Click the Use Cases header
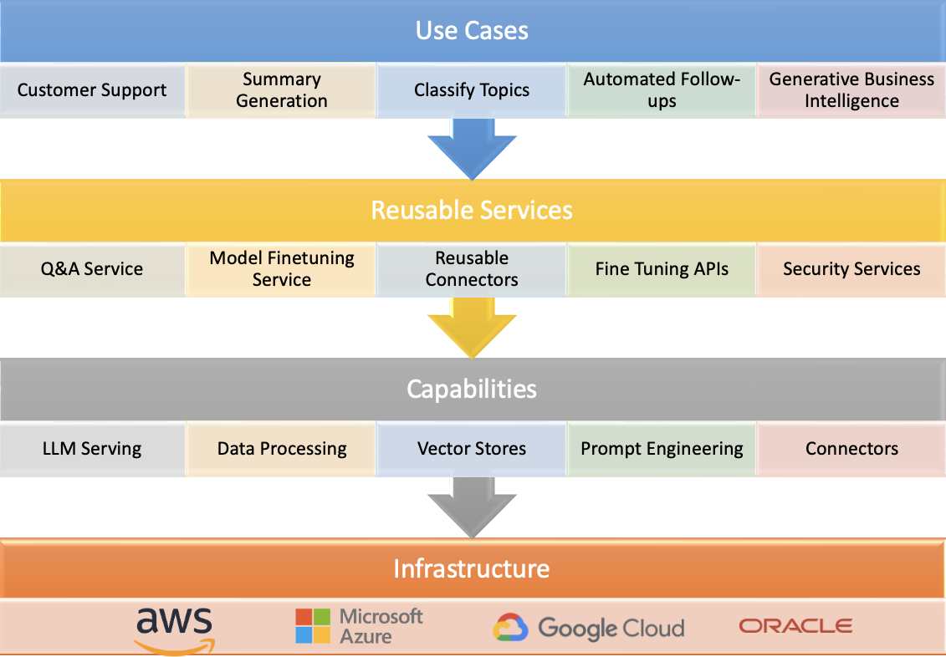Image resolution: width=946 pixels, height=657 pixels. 473,32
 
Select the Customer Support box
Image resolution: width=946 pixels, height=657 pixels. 92,90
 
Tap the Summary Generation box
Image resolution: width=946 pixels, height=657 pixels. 282,90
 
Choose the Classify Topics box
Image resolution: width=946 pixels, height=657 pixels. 472,90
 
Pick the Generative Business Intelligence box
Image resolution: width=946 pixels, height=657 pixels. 851,90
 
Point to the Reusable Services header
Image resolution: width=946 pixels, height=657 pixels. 473,210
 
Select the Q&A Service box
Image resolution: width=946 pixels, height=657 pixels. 92,269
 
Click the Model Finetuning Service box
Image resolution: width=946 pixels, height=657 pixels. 282,269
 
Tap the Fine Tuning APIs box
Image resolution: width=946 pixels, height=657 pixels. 662,269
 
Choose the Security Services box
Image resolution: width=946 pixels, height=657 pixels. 851,269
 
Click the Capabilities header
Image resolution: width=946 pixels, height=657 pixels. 473,389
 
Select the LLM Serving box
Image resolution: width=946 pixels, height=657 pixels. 92,449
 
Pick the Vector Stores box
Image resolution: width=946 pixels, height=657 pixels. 472,449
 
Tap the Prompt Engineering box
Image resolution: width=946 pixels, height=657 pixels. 662,449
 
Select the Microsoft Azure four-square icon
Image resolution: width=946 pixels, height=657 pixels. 314,626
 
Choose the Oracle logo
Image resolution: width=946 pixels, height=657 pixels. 795,626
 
